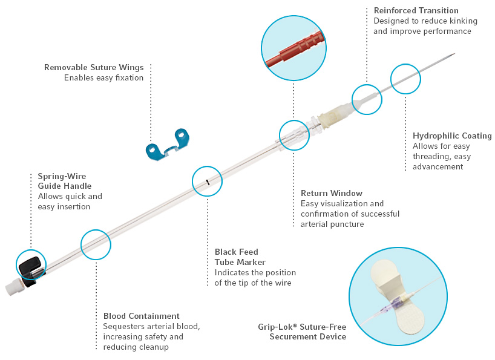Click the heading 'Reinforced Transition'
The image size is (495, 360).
point(416,10)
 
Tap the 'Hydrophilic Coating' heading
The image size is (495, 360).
point(452,136)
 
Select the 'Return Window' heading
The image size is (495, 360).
point(332,193)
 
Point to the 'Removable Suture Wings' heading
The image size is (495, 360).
point(94,67)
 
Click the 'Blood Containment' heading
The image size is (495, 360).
point(142,316)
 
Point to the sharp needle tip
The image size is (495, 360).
point(451,56)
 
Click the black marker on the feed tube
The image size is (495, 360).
point(208,181)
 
